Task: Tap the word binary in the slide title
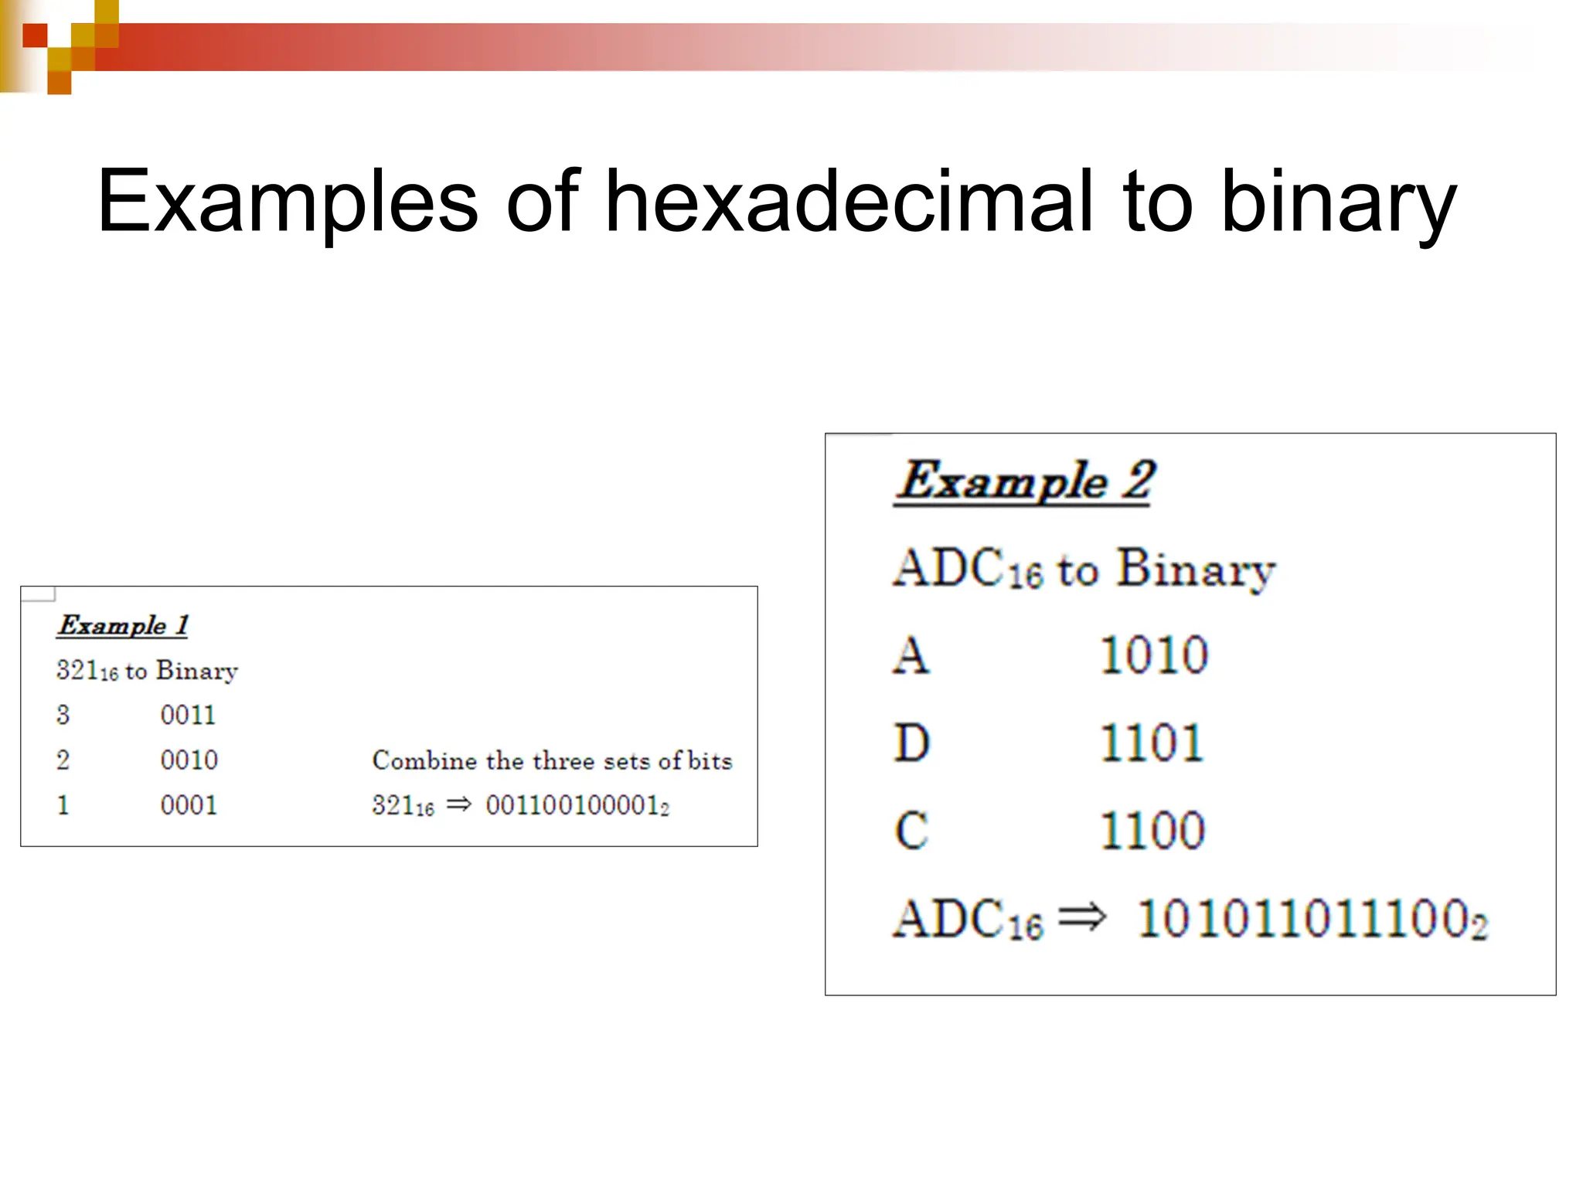tap(1338, 202)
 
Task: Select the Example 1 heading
tap(123, 625)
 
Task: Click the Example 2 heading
tap(1025, 481)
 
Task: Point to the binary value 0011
tap(188, 715)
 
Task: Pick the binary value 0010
tap(189, 760)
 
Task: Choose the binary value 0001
tap(189, 805)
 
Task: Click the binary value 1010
tap(1153, 655)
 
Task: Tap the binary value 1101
tap(1152, 743)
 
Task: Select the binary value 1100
tap(1152, 832)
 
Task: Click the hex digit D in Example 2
tap(912, 743)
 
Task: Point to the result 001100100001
tap(576, 805)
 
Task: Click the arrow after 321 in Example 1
tap(459, 804)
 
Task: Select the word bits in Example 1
tap(710, 760)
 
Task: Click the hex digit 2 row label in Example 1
tap(63, 760)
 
